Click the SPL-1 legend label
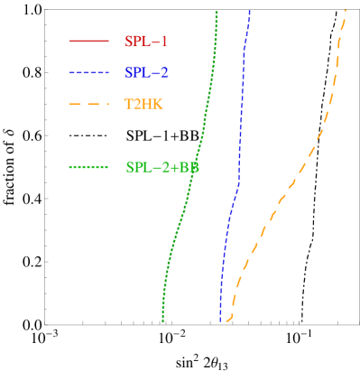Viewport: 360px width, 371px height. [x=146, y=42]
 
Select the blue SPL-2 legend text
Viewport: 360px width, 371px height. [x=146, y=72]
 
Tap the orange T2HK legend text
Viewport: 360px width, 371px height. [x=144, y=104]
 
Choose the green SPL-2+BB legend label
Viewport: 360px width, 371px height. [x=162, y=167]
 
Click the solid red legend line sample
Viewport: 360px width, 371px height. [x=88, y=41]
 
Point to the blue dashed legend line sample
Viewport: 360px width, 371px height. [x=88, y=72]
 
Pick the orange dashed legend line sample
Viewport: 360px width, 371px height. [x=88, y=105]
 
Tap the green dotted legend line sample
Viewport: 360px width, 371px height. [x=88, y=167]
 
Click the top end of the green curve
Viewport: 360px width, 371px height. [x=217, y=12]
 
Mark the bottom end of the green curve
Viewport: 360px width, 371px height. [x=162, y=320]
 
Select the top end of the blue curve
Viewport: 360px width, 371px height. [x=249, y=12]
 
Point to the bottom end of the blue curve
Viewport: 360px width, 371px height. [x=220, y=320]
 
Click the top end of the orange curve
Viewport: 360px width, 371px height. [x=346, y=11]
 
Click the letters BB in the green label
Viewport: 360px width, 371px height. [x=189, y=167]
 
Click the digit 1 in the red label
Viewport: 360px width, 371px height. [x=164, y=42]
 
